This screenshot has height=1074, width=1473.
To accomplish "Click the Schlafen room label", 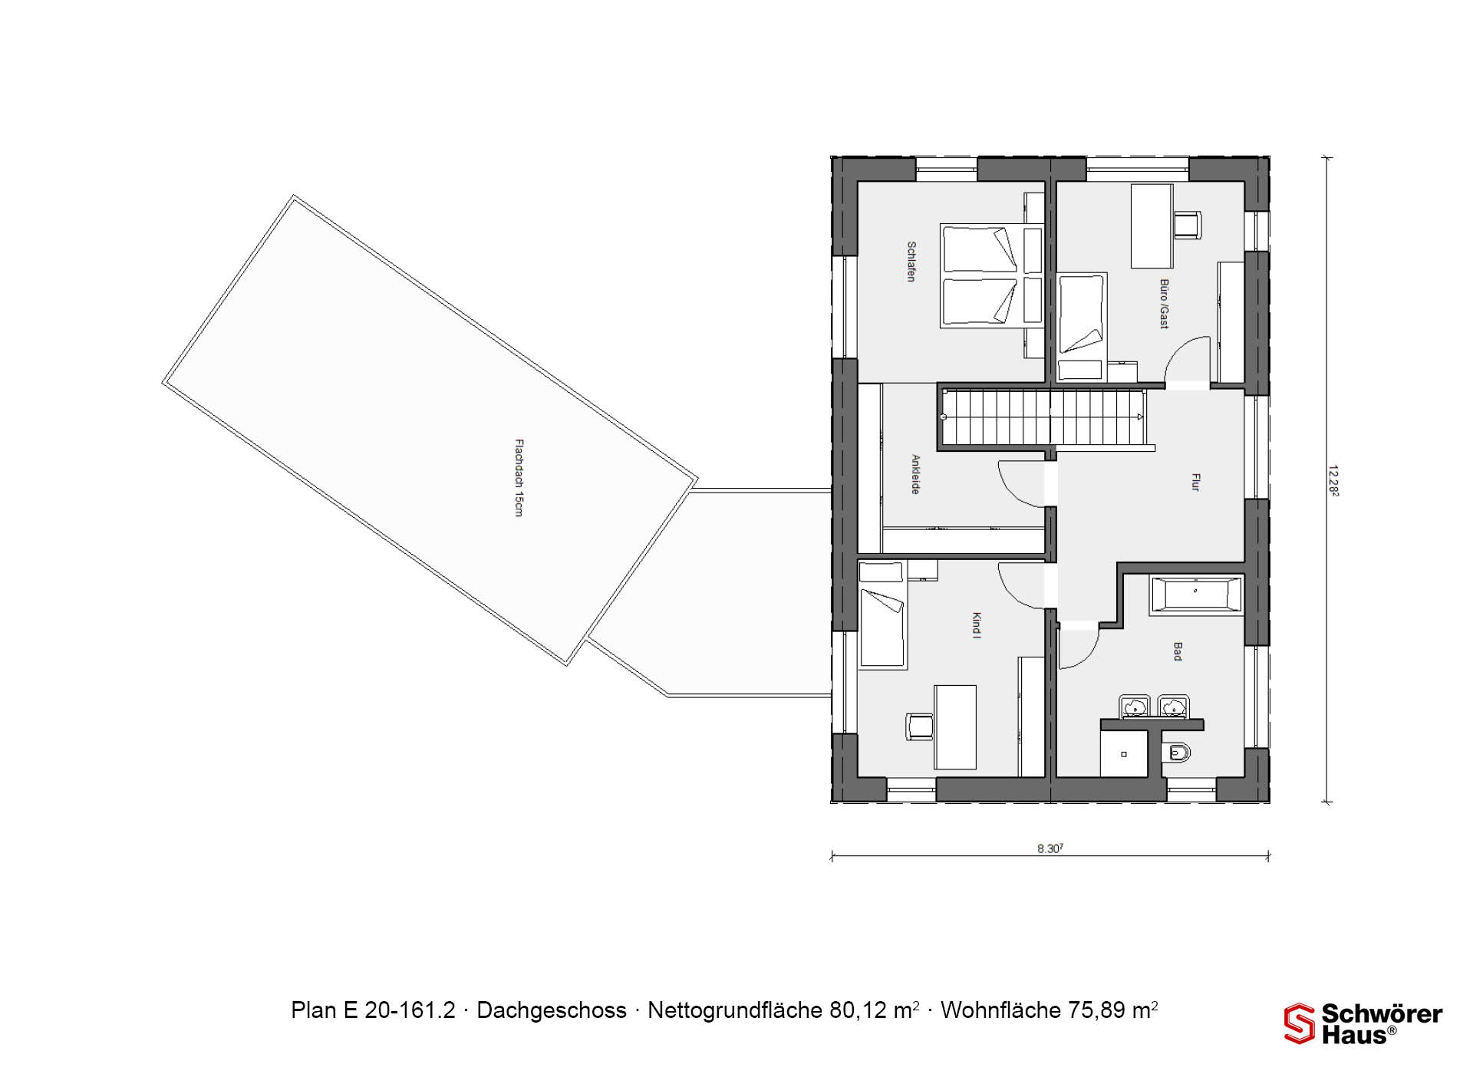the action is [x=911, y=262].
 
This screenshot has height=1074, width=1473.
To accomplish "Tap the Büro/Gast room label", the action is [x=1164, y=304].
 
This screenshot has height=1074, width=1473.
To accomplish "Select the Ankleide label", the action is [x=915, y=474].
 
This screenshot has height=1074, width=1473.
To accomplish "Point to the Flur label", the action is [x=1195, y=483].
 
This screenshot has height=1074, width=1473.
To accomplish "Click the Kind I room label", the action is [x=977, y=625].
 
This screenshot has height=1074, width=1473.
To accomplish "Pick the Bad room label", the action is [x=1178, y=652].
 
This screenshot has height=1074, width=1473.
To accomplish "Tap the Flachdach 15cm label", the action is [x=519, y=477].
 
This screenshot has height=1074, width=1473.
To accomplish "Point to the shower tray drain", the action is [x=1124, y=754].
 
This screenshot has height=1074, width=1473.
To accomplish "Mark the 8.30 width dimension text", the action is [x=1050, y=848].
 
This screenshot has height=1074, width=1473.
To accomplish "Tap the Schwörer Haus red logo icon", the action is [x=1300, y=1023].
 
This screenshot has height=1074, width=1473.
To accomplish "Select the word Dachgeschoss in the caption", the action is [x=552, y=1010].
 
